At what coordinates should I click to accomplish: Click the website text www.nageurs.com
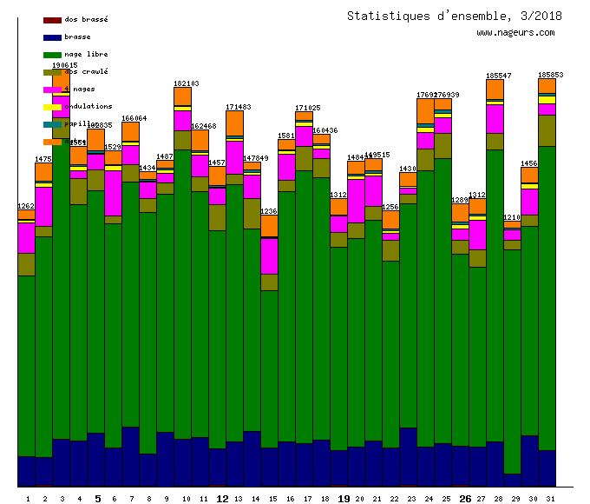(515, 33)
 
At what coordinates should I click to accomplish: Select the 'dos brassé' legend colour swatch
(52, 19)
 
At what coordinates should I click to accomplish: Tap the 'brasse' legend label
(77, 36)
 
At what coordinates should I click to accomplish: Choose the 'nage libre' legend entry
(85, 54)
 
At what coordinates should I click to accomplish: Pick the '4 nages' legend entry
(79, 89)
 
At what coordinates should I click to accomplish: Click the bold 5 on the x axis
(97, 499)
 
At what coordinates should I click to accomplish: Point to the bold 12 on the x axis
(222, 499)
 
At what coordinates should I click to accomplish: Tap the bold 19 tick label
(344, 499)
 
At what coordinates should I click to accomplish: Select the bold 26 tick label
(465, 499)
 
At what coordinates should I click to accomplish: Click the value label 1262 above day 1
(26, 206)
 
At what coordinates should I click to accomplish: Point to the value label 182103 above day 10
(186, 83)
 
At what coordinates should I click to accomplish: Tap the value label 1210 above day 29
(512, 217)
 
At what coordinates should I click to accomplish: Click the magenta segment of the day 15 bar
(269, 256)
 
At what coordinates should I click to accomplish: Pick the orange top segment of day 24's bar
(425, 110)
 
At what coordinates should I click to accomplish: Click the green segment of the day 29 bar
(512, 361)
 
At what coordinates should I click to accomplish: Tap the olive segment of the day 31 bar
(547, 130)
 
